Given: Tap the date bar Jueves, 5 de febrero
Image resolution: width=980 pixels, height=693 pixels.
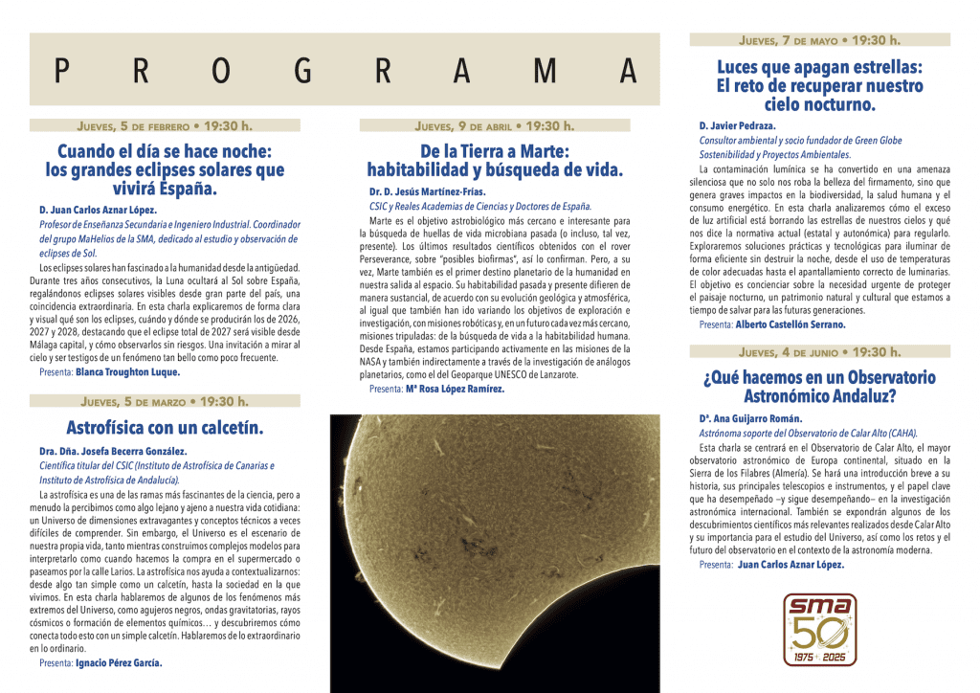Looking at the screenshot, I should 165,125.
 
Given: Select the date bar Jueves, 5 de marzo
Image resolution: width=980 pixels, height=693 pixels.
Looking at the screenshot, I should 165,401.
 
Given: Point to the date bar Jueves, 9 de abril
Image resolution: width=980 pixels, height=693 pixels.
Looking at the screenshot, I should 494,125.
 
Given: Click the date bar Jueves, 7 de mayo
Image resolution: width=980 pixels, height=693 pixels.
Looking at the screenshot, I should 819,41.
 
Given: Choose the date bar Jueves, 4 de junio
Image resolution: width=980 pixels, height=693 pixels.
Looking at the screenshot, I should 819,352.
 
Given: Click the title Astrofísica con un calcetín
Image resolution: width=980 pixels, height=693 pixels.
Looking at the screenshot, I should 165,427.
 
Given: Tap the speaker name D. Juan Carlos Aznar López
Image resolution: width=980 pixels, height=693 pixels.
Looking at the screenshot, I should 98,210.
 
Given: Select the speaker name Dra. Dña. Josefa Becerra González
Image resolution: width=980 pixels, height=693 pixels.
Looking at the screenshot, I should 113,451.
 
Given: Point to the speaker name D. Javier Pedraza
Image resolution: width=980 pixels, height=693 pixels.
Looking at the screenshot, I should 737,125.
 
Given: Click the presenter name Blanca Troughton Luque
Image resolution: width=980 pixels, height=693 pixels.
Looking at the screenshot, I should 127,371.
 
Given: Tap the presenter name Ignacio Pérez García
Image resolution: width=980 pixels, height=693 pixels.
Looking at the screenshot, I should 119,662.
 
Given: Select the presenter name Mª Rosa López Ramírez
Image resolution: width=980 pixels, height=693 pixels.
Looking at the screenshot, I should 455,389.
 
